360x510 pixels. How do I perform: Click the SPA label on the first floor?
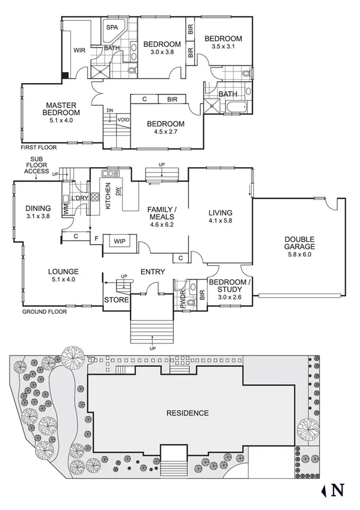coord(112,28)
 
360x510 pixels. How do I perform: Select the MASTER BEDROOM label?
coord(62,109)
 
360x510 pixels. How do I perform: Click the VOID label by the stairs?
coord(123,119)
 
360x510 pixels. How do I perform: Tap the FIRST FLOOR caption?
coord(35,147)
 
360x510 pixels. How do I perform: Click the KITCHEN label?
coord(108,195)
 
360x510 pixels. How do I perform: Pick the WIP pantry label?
coord(119,241)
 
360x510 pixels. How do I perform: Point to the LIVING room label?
coord(220,213)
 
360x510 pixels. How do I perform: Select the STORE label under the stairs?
coord(115,299)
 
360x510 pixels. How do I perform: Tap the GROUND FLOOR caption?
coord(44,312)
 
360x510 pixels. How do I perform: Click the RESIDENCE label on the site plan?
coord(188,413)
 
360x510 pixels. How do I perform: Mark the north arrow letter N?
coord(338,490)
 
